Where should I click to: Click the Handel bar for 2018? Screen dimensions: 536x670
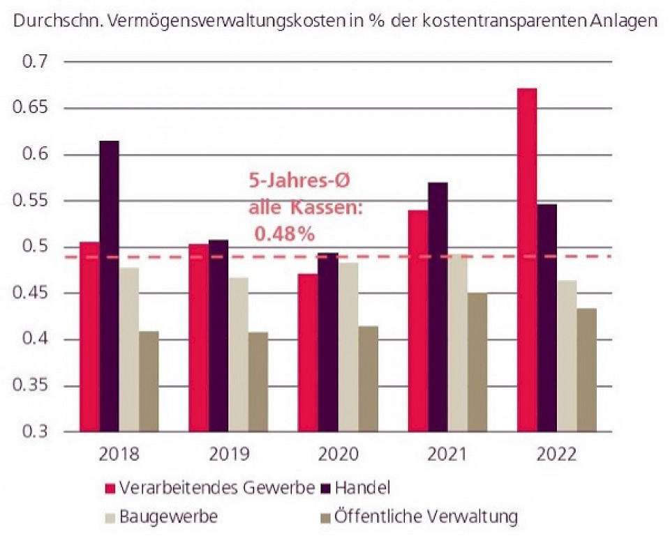coord(109,286)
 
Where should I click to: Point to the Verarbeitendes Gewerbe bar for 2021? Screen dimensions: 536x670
coord(418,321)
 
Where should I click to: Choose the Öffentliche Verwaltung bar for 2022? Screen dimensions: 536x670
coord(586,369)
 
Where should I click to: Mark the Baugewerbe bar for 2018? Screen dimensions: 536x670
coord(129,349)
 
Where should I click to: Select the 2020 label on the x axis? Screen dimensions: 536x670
coord(338,455)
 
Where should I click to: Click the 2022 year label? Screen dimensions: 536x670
coord(557,455)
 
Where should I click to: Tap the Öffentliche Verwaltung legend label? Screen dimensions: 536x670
coord(426,517)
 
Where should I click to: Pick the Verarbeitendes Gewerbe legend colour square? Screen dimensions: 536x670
coord(110,487)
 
